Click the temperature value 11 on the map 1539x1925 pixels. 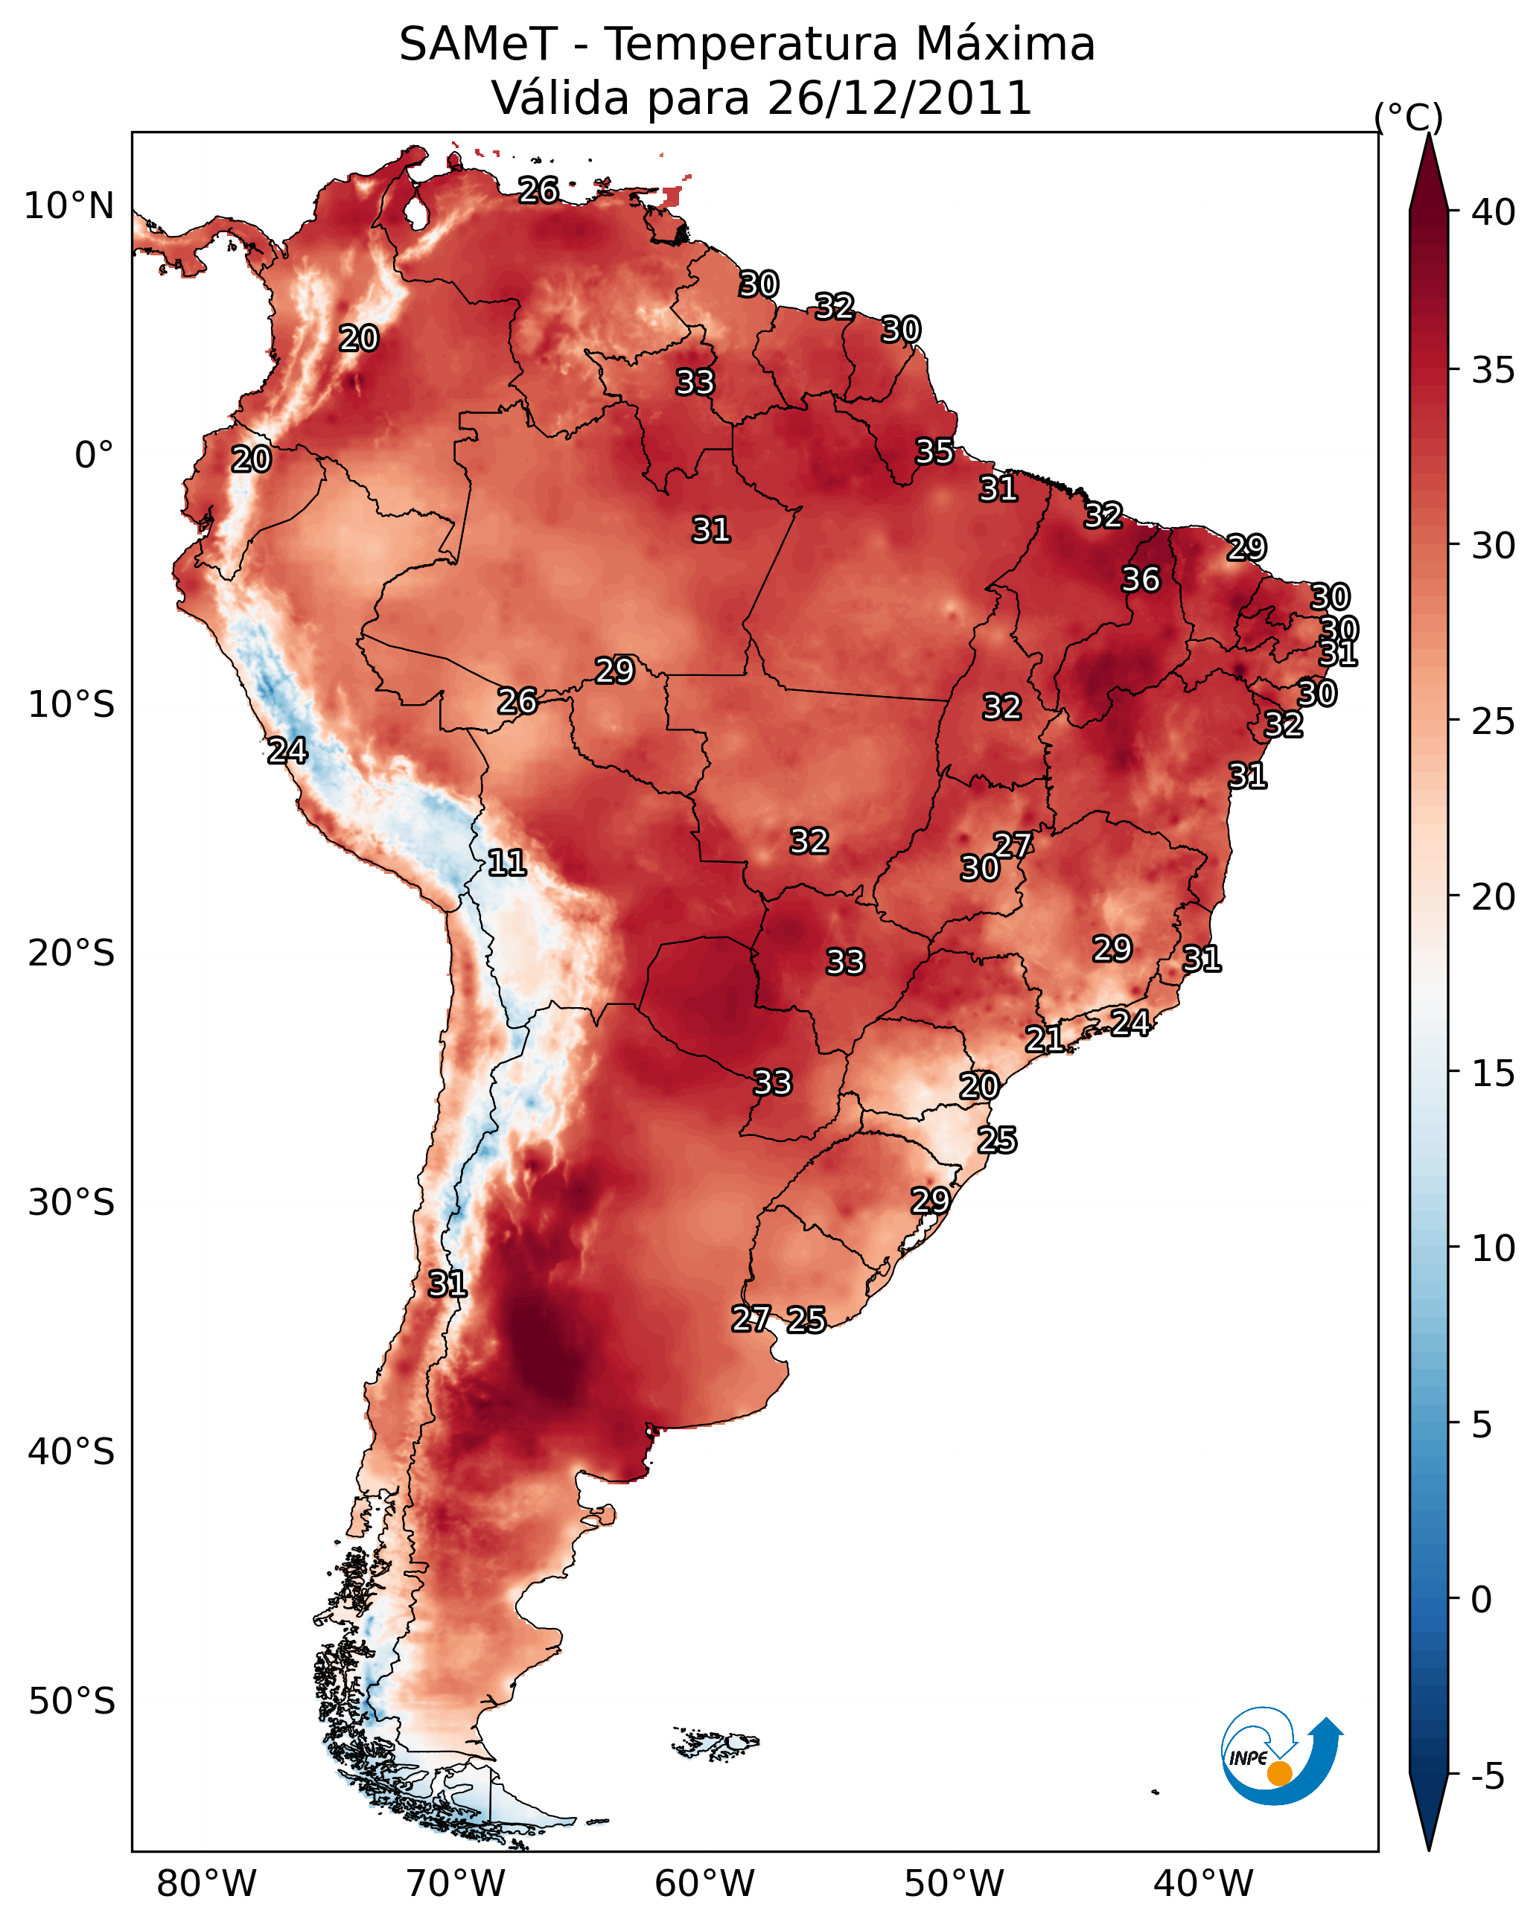pos(506,863)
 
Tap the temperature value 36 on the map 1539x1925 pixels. pos(1141,579)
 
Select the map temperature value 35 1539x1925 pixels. pos(934,452)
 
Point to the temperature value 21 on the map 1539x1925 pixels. pos(1044,1038)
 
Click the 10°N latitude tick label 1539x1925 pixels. pos(68,206)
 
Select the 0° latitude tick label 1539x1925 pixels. pos(95,456)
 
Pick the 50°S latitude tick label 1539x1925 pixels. pos(71,1702)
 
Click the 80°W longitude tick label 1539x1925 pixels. pos(206,1884)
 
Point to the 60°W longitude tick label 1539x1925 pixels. pos(705,1884)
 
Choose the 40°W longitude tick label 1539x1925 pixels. pos(1203,1884)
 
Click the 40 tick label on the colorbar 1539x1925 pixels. pos(1494,212)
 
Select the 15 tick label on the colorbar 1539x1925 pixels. pos(1494,1073)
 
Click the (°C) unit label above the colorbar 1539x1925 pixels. pos(1409,117)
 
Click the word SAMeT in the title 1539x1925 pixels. pos(478,45)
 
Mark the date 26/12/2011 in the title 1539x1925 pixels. pos(899,98)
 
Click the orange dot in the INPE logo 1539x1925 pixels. pos(1279,1773)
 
